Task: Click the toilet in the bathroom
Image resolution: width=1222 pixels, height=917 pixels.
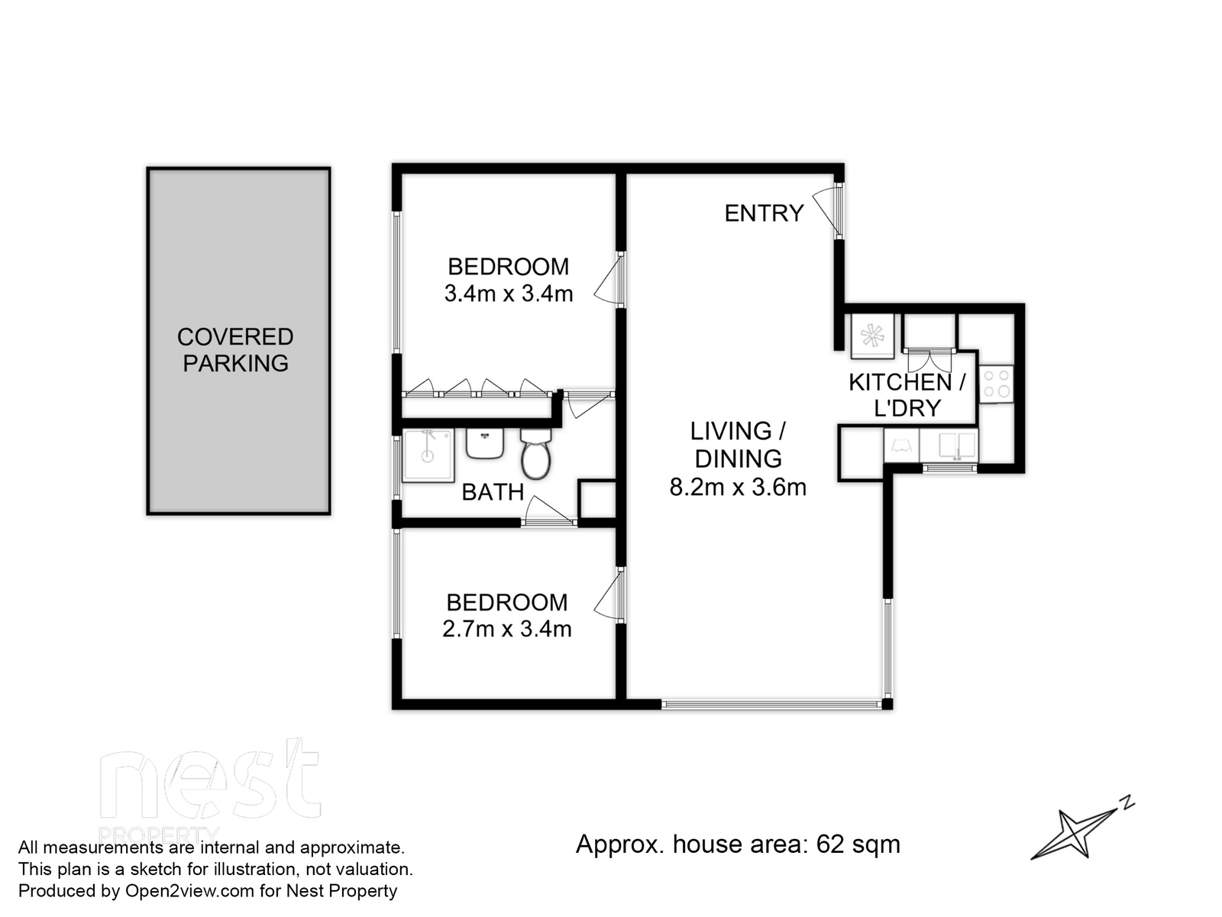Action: [x=535, y=453]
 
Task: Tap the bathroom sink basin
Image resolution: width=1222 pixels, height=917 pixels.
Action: [x=485, y=443]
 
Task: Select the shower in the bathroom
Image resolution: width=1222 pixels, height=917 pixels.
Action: [x=428, y=455]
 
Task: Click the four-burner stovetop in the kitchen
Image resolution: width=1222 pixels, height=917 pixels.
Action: [x=997, y=384]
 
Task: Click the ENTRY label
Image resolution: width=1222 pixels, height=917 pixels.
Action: [x=764, y=213]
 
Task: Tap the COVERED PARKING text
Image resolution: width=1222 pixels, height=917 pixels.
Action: [x=235, y=350]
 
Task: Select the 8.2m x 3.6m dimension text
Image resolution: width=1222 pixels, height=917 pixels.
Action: [x=738, y=488]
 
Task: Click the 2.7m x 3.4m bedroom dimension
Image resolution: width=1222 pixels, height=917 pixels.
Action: [x=506, y=629]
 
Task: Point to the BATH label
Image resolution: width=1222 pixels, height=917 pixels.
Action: [x=493, y=492]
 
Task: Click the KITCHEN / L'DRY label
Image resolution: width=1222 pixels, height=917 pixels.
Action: [x=907, y=395]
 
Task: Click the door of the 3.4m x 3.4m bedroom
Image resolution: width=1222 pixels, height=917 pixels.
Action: [x=609, y=280]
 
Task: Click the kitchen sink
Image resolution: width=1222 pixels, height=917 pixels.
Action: [x=949, y=445]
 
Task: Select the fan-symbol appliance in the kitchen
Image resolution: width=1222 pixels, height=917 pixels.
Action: [x=873, y=335]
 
